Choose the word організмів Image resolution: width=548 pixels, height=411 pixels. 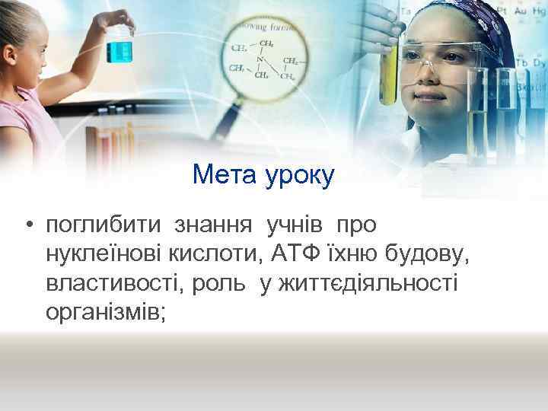(x=105, y=312)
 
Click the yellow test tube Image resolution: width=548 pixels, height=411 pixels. (x=389, y=72)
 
